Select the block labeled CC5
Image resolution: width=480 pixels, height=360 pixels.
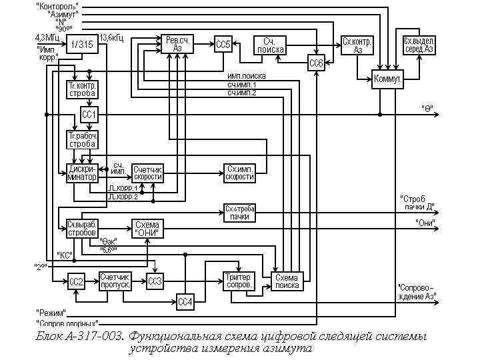[x=223, y=45]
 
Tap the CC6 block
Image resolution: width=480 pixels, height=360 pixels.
[x=316, y=63]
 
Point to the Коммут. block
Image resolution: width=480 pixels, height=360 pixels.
[x=387, y=79]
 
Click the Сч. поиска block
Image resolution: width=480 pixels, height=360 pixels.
[x=270, y=45]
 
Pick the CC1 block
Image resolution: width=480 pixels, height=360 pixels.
[x=89, y=115]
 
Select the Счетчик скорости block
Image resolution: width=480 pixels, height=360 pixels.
[x=147, y=173]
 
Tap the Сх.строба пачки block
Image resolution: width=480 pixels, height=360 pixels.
[x=239, y=213]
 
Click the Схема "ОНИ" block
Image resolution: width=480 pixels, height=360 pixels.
[x=146, y=229]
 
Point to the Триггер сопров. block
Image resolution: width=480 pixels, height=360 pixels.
[x=238, y=281]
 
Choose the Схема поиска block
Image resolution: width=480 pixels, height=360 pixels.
[x=287, y=281]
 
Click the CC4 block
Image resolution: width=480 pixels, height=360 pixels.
[x=185, y=302]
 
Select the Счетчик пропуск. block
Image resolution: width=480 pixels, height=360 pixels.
[x=115, y=281]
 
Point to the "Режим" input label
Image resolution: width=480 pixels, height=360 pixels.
[x=51, y=312]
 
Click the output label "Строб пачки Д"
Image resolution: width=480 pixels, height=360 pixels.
[x=418, y=202]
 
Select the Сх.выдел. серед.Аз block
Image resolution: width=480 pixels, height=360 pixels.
[x=419, y=45]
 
